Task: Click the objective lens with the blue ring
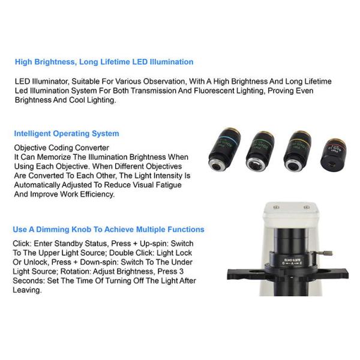[224, 149]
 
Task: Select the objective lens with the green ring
[260, 151]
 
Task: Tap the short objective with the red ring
[334, 153]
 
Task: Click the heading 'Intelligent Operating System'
[67, 133]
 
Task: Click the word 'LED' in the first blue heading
[140, 62]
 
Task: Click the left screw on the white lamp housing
[276, 208]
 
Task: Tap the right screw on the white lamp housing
[307, 208]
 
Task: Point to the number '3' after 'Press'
[181, 271]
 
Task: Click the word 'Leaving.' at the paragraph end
[27, 290]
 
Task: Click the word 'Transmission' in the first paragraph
[154, 91]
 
